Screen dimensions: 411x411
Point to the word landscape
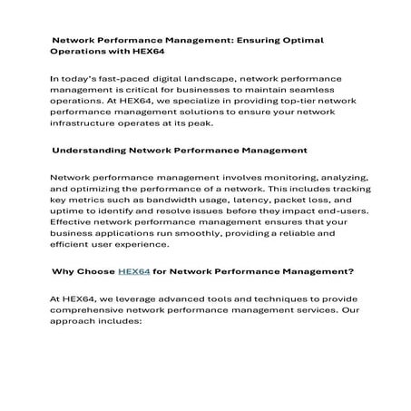click(x=199, y=80)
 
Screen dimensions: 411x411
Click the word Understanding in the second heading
click(x=92, y=150)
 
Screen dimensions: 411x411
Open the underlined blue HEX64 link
click(x=133, y=269)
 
